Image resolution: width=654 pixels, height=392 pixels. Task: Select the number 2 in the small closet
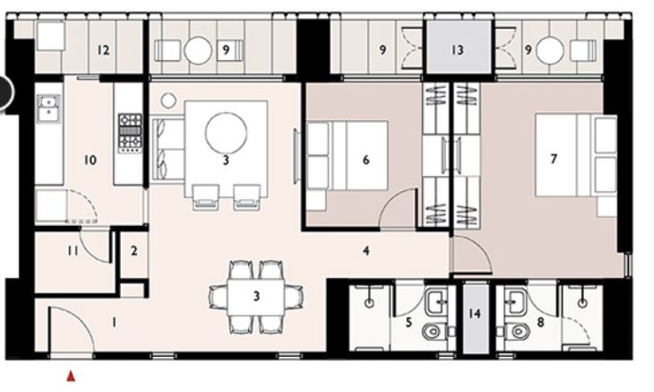(133, 251)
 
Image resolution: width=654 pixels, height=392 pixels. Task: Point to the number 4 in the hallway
(366, 251)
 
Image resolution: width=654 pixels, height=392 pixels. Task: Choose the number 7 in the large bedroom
(554, 160)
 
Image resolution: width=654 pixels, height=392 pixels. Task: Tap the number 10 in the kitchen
(90, 161)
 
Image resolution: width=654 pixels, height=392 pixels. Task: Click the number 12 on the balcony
(103, 50)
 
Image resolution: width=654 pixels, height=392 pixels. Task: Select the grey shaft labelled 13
(457, 50)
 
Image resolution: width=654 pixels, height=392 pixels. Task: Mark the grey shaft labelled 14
(476, 318)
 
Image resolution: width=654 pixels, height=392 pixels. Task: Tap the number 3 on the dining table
(256, 296)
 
